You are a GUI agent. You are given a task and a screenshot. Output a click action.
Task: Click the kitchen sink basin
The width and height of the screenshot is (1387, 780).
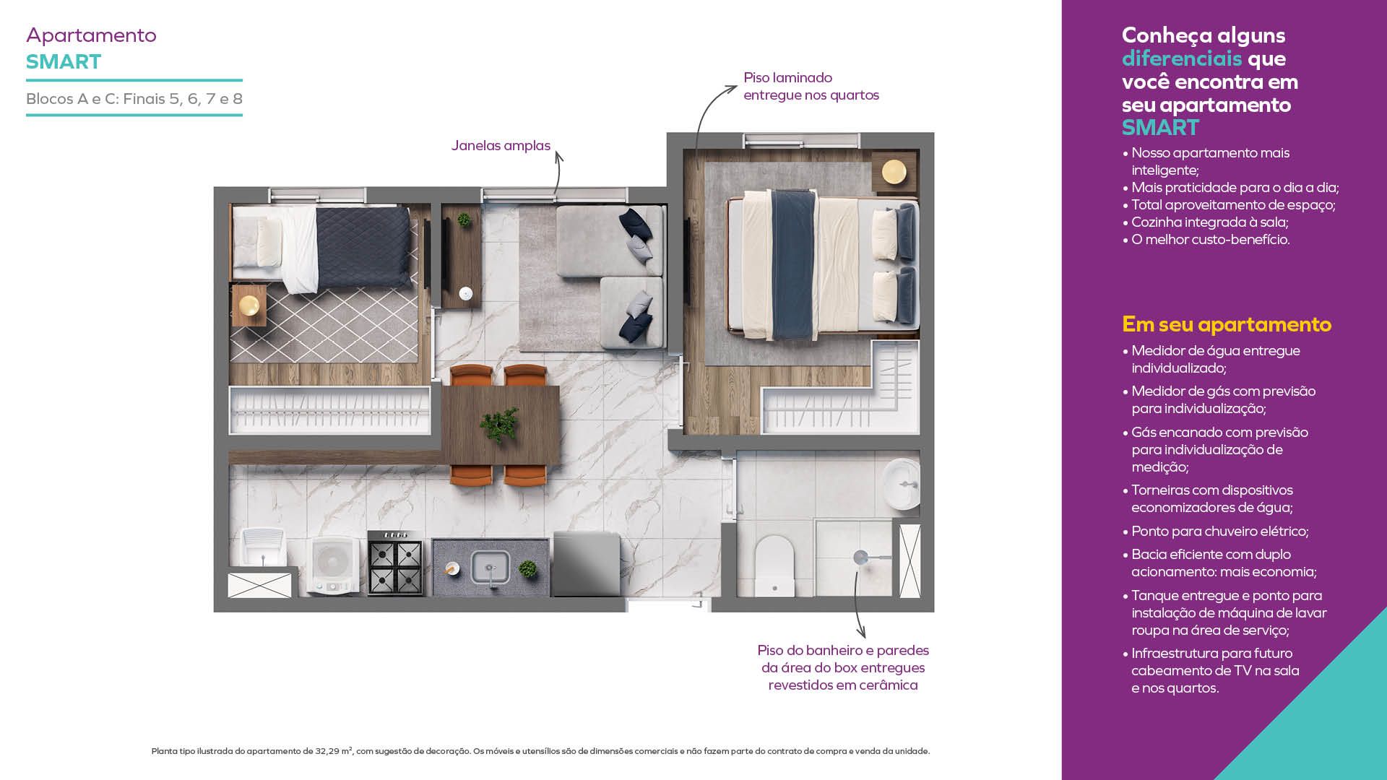491,567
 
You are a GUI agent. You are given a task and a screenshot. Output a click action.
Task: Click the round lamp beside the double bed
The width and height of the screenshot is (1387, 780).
894,172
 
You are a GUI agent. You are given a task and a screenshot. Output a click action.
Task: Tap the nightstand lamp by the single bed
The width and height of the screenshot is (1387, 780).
249,305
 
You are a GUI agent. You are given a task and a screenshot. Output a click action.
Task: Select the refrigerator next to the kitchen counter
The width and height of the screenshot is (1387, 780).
586,564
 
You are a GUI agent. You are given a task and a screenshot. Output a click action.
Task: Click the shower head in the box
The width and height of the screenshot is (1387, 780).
860,558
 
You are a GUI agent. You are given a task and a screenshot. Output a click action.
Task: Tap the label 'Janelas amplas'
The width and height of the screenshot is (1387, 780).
501,145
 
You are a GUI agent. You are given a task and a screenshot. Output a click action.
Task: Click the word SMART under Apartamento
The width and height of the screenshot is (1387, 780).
64,61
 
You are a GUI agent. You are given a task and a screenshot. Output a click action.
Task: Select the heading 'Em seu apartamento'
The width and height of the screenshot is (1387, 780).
1227,324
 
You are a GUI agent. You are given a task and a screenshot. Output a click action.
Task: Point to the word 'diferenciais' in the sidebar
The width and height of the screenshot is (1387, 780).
1182,58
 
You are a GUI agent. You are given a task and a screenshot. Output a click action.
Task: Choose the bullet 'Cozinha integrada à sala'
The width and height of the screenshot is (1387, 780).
1205,222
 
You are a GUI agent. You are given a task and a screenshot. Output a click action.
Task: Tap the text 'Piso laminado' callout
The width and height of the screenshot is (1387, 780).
787,77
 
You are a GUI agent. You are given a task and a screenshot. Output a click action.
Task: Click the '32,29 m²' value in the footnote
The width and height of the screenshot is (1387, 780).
334,751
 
